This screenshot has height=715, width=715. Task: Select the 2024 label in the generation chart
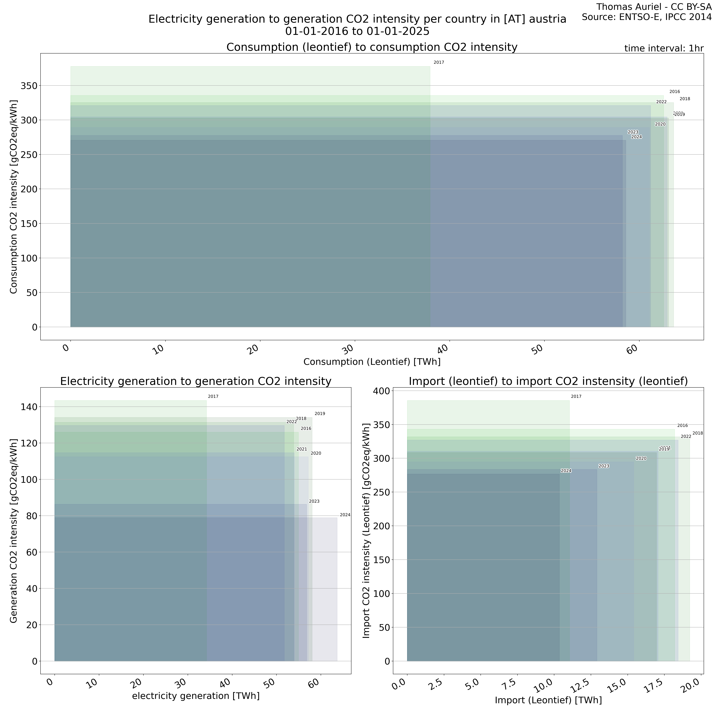[x=345, y=515]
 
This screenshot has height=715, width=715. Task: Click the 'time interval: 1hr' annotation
[x=664, y=48]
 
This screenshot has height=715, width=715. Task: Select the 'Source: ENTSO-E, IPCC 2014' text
[x=646, y=17]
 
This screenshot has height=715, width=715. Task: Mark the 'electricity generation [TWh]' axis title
[x=196, y=696]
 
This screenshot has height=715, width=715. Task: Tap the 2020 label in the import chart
[x=641, y=458]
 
